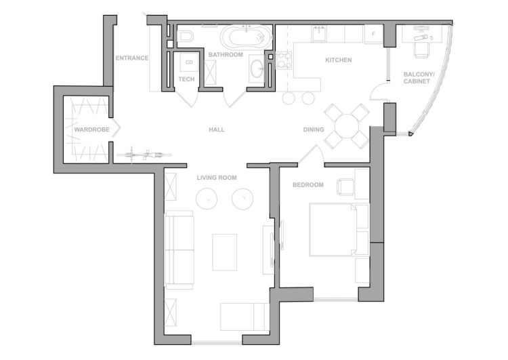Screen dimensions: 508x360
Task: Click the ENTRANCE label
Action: point(132,58)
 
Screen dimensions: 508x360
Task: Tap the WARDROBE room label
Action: point(91,129)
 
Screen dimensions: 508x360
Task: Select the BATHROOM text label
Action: point(226,54)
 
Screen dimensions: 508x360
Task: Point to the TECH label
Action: point(186,79)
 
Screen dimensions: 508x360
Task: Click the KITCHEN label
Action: point(338,60)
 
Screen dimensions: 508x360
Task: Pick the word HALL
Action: point(217,129)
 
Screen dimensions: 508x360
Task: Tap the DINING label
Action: point(314,129)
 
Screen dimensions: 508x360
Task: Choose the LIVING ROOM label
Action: point(217,178)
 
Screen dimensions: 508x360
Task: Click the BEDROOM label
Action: point(308,185)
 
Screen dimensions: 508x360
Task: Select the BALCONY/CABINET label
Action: point(419,78)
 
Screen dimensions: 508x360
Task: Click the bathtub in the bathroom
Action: point(247,37)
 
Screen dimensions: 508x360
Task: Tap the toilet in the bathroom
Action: point(186,37)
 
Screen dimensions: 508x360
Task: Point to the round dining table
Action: point(347,126)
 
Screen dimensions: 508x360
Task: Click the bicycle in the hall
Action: point(144,155)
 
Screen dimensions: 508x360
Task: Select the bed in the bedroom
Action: point(339,230)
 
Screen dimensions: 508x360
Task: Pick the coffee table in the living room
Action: point(224,252)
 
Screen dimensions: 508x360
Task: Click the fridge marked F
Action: point(373,34)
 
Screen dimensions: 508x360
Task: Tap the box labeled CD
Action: point(189,62)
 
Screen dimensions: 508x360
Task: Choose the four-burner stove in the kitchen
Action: point(284,60)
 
